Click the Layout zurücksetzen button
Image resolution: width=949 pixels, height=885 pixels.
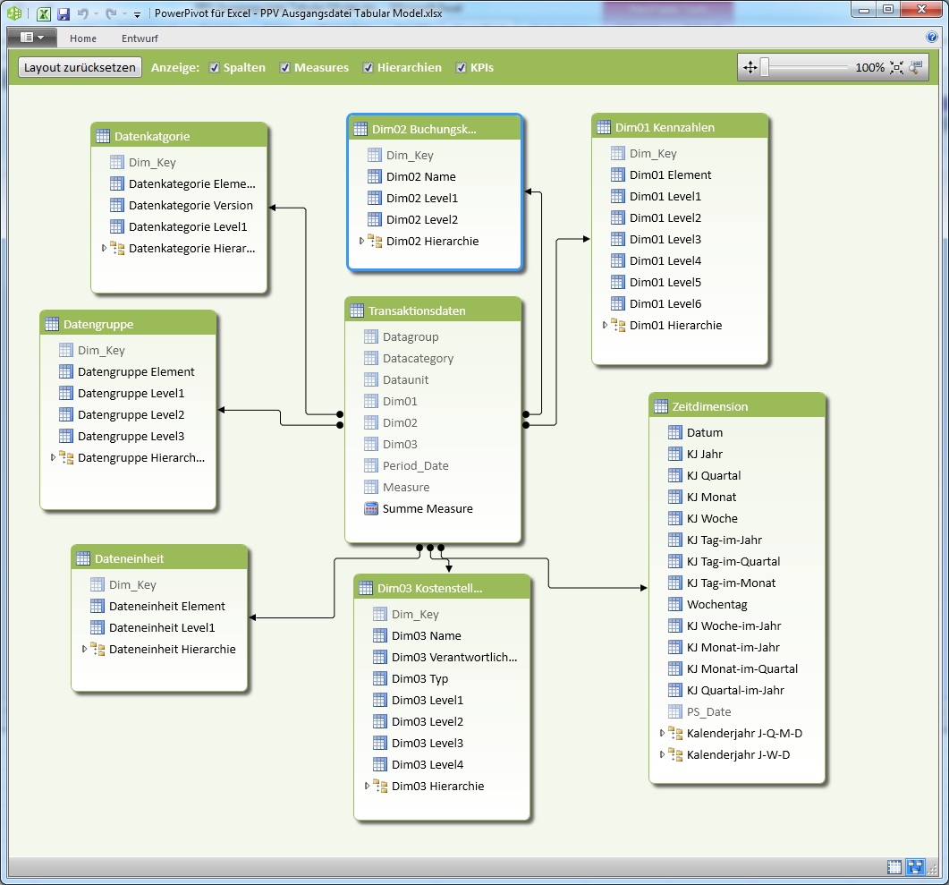[x=80, y=67]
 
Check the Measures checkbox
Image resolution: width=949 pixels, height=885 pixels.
[x=285, y=68]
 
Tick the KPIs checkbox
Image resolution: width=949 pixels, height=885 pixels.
[x=462, y=68]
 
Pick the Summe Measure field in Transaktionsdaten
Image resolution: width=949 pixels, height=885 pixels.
[x=427, y=508]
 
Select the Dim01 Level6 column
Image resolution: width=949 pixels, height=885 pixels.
[x=665, y=303]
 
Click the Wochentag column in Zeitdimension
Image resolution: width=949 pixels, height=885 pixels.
[x=716, y=604]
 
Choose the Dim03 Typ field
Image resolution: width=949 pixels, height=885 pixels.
[x=419, y=678]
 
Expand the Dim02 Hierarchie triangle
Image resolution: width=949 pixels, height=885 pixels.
[x=361, y=241]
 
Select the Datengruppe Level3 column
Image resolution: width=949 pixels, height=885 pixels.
[x=131, y=436]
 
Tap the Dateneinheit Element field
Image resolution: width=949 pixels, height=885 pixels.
[x=166, y=606]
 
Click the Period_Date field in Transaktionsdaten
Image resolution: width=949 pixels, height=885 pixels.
[x=415, y=465]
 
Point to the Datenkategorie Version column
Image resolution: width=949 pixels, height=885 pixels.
[x=191, y=205]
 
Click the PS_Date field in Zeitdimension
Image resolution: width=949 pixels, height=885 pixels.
[x=708, y=711]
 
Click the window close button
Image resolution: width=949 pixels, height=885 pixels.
[x=919, y=9]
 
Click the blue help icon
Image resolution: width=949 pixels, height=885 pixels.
[x=931, y=38]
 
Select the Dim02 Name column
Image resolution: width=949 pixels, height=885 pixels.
[x=420, y=176]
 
